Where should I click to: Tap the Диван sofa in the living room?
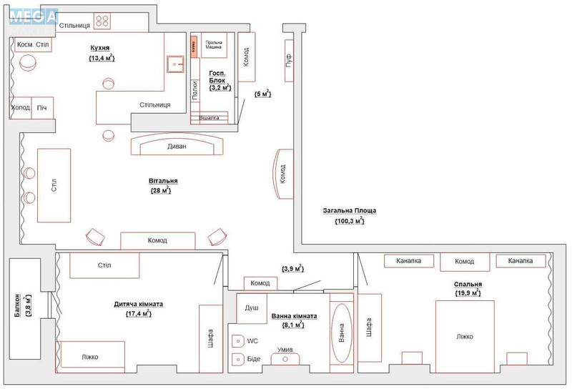pos(177,146)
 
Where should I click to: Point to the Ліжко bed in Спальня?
pos(465,336)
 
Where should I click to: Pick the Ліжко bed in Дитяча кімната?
pos(91,355)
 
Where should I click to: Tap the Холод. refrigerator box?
pos(21,108)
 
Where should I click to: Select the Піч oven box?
pos(43,108)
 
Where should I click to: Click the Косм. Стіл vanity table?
pos(33,45)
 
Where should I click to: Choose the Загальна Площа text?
pos(349,212)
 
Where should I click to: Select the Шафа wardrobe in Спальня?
pos(370,328)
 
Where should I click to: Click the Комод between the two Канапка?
pos(465,262)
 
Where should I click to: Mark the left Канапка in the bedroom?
pos(408,261)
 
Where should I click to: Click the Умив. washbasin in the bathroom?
pos(285,356)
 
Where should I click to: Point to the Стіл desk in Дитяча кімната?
pos(104,266)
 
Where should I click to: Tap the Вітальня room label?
pos(159,182)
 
